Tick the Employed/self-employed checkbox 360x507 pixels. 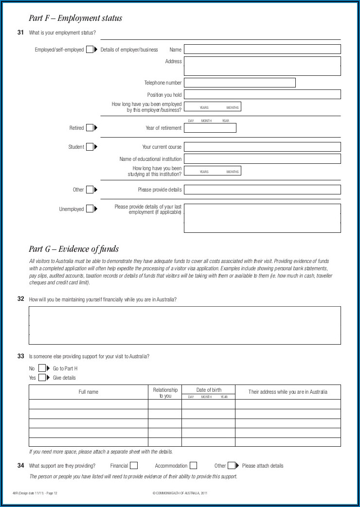pos(90,50)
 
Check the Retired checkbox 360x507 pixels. pos(90,128)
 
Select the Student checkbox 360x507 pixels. pos(90,147)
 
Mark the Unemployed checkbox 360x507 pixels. pos(90,209)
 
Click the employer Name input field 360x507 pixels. pos(262,49)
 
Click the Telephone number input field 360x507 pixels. pos(239,83)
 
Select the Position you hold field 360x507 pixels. pos(262,94)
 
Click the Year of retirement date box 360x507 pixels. pos(210,128)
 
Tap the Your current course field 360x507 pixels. pos(262,147)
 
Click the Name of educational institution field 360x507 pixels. pos(262,159)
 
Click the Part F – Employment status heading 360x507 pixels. pos(75,18)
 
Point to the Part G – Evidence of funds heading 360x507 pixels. pos(73,249)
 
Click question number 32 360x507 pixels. pos(20,299)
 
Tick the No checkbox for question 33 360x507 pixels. pos(42,368)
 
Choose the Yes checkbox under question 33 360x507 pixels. pos(42,378)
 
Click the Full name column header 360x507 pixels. pos(89,392)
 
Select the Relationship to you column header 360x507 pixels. pos(165,393)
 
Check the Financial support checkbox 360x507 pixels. pos(134,466)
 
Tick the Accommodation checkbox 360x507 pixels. pos(193,466)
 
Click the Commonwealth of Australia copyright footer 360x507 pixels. pos(180,493)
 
